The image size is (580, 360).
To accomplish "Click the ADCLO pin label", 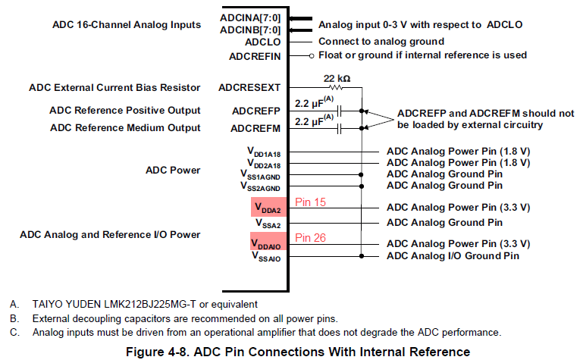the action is [262, 42].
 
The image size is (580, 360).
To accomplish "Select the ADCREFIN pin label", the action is [255, 57].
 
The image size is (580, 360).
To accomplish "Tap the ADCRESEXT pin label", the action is [249, 88].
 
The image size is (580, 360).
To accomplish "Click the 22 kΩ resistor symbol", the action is [336, 88].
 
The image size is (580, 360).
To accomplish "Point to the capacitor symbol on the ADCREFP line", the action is [339, 111].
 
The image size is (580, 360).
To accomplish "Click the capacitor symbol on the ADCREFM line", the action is [339, 129].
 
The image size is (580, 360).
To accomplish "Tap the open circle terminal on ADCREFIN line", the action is [312, 56].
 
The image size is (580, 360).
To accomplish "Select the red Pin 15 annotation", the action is [310, 202].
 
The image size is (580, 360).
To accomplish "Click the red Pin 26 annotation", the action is [310, 238].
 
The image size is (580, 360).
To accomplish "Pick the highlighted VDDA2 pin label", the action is [268, 208].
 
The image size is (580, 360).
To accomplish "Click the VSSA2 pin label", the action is [268, 224].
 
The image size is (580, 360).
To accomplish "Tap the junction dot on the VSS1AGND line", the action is [361, 175].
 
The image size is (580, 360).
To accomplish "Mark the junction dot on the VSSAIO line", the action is [362, 255].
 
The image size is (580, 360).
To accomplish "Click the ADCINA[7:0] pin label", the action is [250, 17].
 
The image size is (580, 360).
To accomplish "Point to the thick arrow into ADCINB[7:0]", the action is [300, 30].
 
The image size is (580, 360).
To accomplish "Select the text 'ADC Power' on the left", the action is [173, 170].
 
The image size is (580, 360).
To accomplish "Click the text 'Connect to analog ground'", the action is [381, 42].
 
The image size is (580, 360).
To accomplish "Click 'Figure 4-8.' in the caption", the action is [158, 352].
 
